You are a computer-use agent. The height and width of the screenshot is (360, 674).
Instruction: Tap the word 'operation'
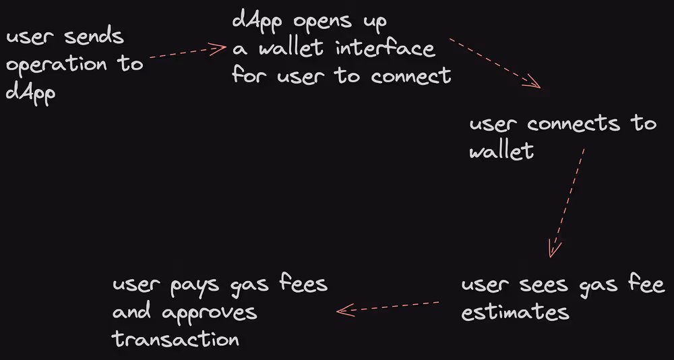[x=57, y=65]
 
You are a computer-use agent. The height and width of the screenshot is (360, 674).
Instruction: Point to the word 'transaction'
[x=176, y=339]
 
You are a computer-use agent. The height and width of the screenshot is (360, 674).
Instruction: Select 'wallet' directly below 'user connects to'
[x=501, y=151]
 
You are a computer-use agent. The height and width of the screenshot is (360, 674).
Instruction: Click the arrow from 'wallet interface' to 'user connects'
[x=495, y=65]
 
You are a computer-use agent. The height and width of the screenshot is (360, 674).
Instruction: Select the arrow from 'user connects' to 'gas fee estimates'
[x=566, y=202]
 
